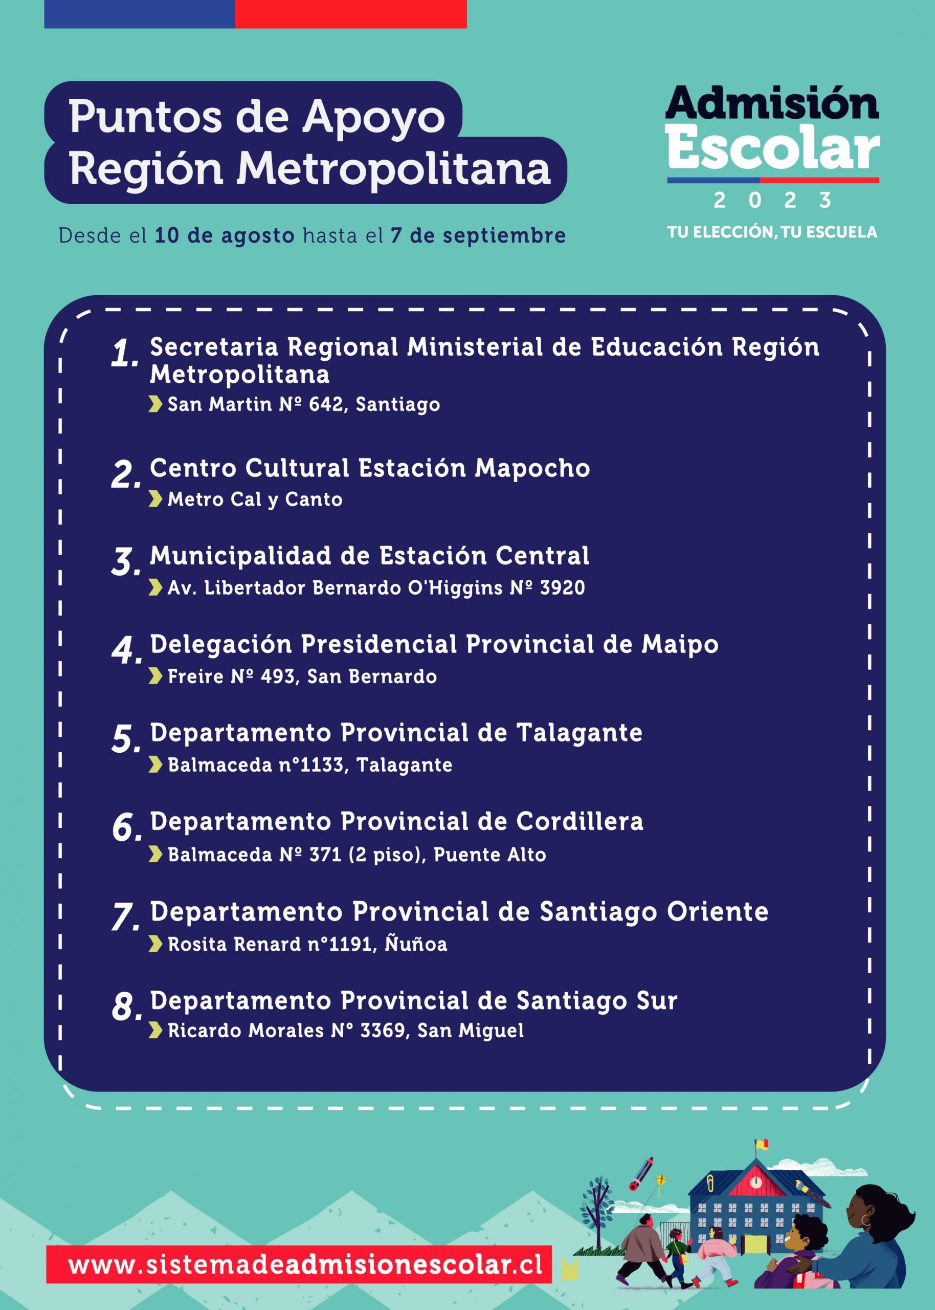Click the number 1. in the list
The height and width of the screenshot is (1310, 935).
pyautogui.click(x=124, y=353)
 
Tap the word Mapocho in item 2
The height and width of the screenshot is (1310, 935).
pyautogui.click(x=532, y=468)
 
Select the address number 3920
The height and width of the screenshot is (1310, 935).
pyautogui.click(x=562, y=588)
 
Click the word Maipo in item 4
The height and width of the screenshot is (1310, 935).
pyautogui.click(x=679, y=644)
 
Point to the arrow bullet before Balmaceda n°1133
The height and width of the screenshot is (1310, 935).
pyautogui.click(x=155, y=765)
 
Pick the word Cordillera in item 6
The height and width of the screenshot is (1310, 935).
pyautogui.click(x=579, y=822)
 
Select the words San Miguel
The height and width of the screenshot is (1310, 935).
pyautogui.click(x=471, y=1030)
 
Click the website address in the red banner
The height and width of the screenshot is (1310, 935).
pyautogui.click(x=304, y=1265)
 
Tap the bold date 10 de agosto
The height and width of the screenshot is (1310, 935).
pyautogui.click(x=224, y=235)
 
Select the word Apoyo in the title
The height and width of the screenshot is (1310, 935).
pyautogui.click(x=374, y=117)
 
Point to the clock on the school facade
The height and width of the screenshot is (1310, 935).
pyautogui.click(x=756, y=1182)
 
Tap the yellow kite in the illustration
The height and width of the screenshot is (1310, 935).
pyautogui.click(x=661, y=1181)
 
